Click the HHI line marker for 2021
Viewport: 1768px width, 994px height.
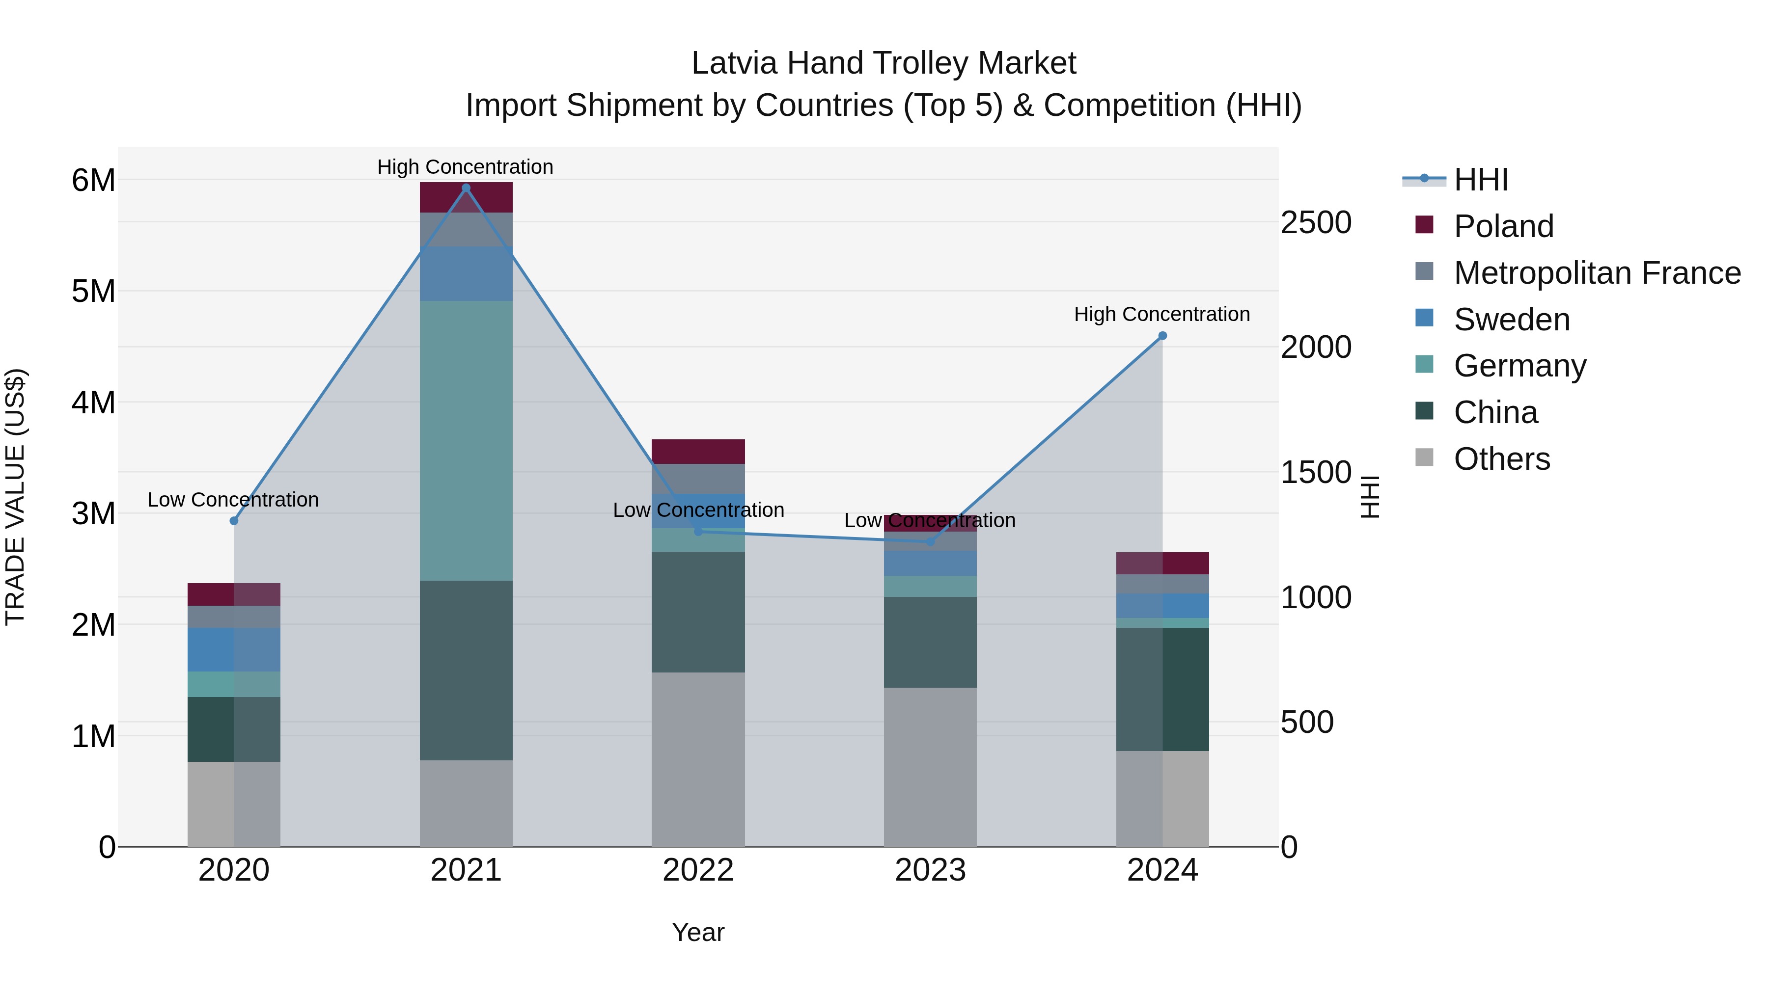point(466,188)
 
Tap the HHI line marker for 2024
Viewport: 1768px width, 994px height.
point(1162,336)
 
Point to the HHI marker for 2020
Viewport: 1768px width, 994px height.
point(234,521)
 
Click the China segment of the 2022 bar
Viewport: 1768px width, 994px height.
point(698,612)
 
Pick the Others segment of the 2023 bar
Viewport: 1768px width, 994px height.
point(930,766)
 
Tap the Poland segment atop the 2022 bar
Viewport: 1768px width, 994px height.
point(698,452)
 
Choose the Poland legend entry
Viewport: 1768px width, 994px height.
point(1503,226)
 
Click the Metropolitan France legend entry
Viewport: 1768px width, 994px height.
point(1597,273)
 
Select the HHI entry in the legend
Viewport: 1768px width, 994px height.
point(1480,180)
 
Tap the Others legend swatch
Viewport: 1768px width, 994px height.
point(1424,457)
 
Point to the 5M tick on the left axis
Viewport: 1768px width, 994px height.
point(93,292)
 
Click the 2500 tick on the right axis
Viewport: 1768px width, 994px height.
point(1316,222)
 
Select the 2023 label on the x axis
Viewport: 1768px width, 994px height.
point(930,870)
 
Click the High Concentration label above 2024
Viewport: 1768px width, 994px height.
point(1161,314)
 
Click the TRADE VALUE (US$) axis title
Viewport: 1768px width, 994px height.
point(15,497)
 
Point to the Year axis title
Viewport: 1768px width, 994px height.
point(698,932)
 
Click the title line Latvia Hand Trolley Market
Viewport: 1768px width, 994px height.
point(884,63)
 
